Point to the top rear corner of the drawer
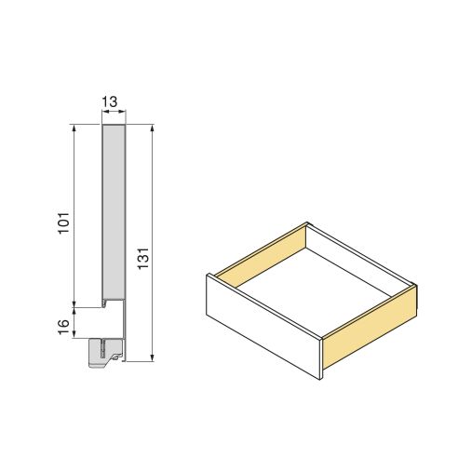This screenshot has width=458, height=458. (x=307, y=223)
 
